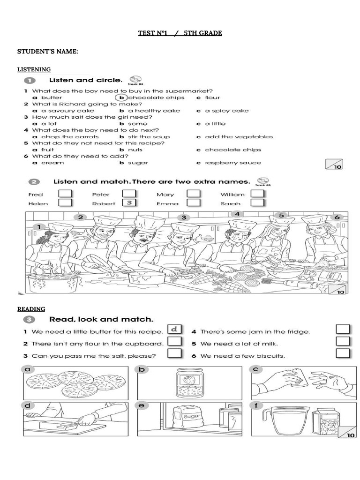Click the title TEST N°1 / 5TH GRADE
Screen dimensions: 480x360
(x=180, y=33)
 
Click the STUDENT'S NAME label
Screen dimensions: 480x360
(x=47, y=51)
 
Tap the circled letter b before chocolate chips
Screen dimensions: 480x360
(x=122, y=97)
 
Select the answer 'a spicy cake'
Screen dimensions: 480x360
(x=227, y=111)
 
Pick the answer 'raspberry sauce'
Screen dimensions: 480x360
(x=232, y=163)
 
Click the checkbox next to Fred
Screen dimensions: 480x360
(x=65, y=194)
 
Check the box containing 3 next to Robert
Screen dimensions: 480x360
(x=129, y=202)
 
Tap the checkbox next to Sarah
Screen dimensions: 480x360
(x=258, y=202)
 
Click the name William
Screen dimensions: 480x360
(x=232, y=194)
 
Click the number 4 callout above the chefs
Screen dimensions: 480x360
(x=237, y=214)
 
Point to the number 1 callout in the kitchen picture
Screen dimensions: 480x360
(x=40, y=227)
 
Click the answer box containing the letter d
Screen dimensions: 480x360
(x=175, y=330)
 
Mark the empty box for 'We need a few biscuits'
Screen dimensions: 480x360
(x=343, y=353)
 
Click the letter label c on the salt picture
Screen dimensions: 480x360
(x=256, y=369)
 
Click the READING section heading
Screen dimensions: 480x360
(x=31, y=309)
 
